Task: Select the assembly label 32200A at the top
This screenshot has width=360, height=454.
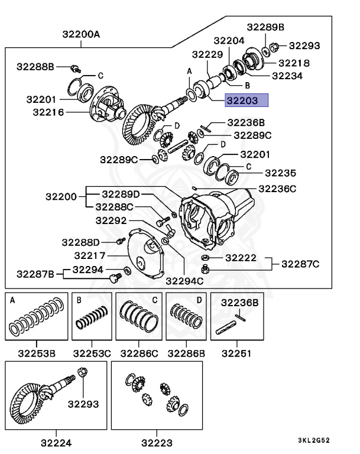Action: (x=81, y=34)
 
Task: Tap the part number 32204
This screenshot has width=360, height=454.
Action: (x=229, y=41)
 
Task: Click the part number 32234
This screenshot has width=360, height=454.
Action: (x=287, y=76)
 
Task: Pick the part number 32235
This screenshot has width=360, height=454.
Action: (x=281, y=173)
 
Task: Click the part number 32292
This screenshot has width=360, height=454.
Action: (x=111, y=220)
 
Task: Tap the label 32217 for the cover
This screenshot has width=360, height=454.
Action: (x=90, y=255)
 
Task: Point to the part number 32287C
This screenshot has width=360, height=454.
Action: (x=300, y=264)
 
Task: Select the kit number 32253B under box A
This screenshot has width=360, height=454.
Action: (x=37, y=353)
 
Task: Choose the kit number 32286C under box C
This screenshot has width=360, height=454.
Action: (x=139, y=353)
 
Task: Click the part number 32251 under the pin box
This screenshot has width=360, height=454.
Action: (x=236, y=353)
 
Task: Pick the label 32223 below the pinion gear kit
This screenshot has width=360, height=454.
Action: (x=156, y=442)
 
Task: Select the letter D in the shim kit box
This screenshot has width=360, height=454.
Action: (x=199, y=300)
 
